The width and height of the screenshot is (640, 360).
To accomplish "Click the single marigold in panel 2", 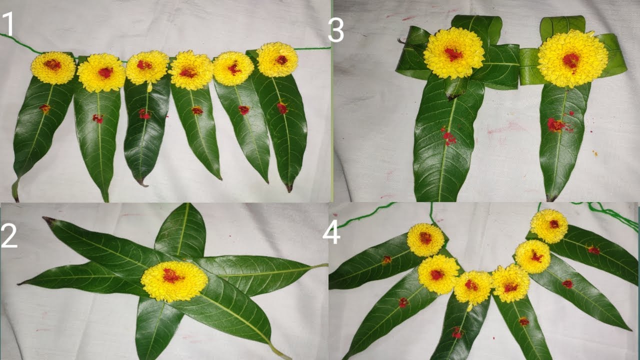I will [174, 281].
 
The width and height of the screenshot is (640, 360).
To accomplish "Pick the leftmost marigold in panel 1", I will [53, 67].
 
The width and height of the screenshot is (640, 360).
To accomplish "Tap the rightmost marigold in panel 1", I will [277, 59].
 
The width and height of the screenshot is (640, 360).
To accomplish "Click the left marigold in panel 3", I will [454, 53].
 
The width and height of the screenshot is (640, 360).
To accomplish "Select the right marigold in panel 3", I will [572, 58].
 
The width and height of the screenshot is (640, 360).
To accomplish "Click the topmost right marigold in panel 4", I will [549, 226].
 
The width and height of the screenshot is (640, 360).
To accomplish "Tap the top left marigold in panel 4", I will [425, 240].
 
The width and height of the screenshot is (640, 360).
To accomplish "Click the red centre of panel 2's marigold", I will [172, 275].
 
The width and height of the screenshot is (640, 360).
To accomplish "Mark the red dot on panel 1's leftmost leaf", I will [45, 108].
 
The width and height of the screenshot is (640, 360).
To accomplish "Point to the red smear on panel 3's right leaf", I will [556, 124].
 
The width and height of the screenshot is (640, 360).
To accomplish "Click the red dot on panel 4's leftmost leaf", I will [386, 260].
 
